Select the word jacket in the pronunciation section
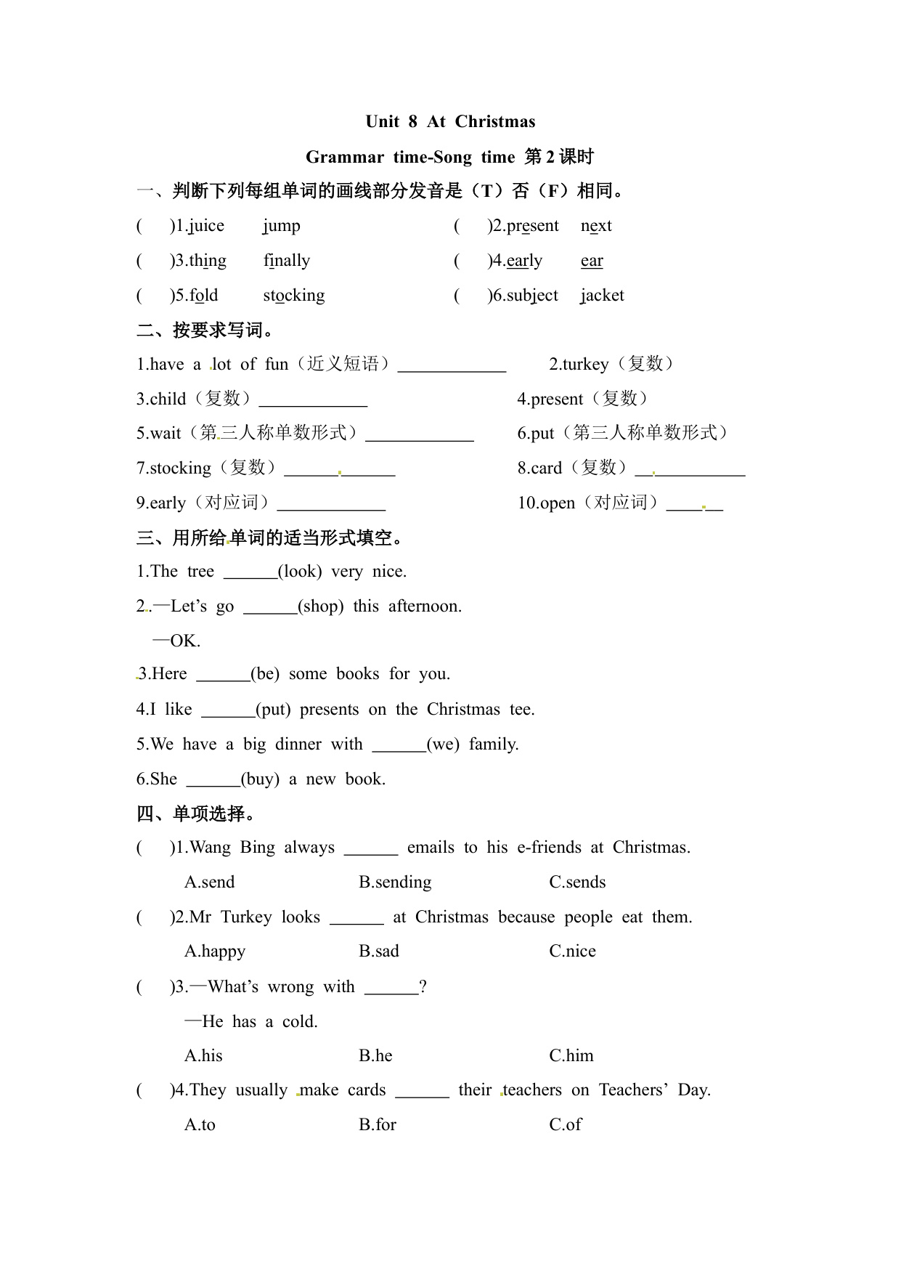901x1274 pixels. click(602, 296)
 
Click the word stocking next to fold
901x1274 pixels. click(294, 296)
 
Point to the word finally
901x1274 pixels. click(287, 261)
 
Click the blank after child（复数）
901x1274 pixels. click(313, 402)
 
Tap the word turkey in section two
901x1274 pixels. click(585, 364)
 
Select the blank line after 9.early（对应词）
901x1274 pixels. click(331, 506)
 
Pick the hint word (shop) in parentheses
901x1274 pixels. click(321, 606)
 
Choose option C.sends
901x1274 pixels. click(577, 882)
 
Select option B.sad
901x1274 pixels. click(379, 952)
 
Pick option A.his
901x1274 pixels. click(203, 1055)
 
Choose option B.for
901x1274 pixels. click(378, 1124)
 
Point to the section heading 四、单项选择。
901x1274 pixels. click(197, 814)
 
